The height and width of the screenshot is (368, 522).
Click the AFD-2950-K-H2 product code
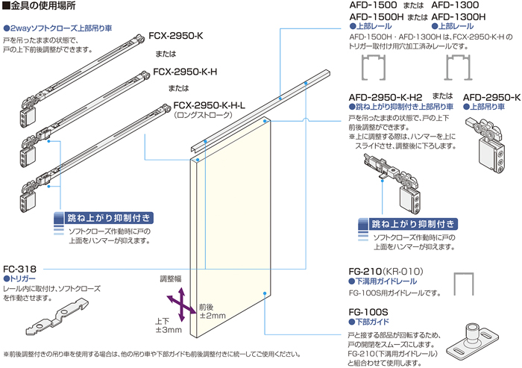[x=386, y=97]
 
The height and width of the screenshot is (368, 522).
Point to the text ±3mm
[x=168, y=329]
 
